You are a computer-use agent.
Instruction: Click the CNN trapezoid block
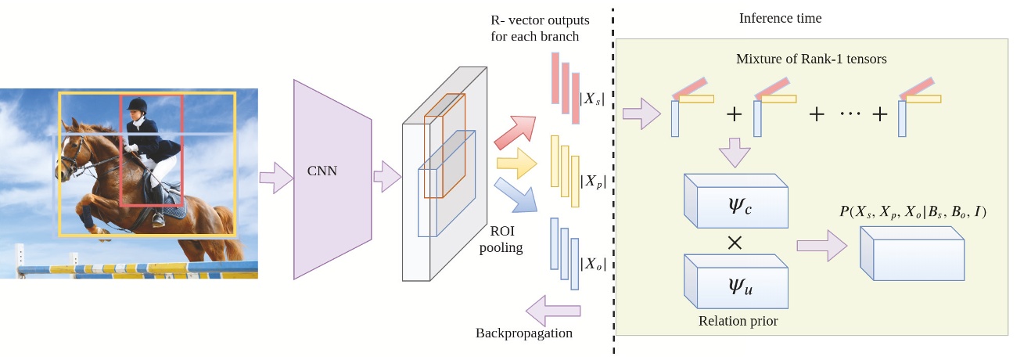[x=329, y=178]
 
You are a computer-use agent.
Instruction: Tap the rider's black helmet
[x=138, y=105]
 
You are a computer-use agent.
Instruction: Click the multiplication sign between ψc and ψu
[x=735, y=243]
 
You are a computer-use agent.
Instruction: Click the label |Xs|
[x=592, y=99]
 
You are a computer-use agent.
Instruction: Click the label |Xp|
[x=592, y=181]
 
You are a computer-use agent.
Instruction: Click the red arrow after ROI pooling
[x=515, y=131]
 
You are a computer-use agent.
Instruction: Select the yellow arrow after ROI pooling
[x=516, y=163]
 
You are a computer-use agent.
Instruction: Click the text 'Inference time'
[x=780, y=18]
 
